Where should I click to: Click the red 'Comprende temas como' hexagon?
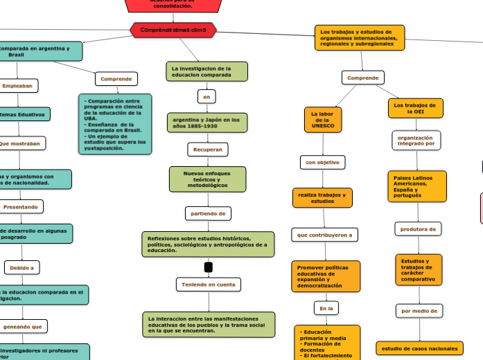pos(173,30)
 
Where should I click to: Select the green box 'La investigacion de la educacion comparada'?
pos(207,71)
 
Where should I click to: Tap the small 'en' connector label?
pos(206,97)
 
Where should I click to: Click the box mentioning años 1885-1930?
pos(207,123)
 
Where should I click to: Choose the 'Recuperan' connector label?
pos(208,149)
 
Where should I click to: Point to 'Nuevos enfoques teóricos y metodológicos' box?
pos(207,179)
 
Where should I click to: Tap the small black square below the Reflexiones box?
pos(209,267)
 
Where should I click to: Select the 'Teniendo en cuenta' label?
pos(209,284)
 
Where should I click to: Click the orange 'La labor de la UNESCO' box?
pos(323,120)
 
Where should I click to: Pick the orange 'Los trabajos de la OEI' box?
pos(415,108)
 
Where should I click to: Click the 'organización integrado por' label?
pos(416,141)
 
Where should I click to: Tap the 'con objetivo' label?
pos(322,162)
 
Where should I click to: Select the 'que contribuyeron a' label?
pos(324,235)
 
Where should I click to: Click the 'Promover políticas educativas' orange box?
pos(326,276)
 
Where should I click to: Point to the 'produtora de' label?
pos(418,228)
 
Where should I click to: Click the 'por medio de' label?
pos(419,311)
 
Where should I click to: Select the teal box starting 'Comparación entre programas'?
pos(114,124)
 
